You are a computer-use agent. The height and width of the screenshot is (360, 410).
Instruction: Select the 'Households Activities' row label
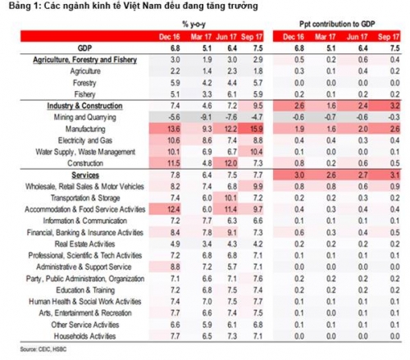pos(80,336)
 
